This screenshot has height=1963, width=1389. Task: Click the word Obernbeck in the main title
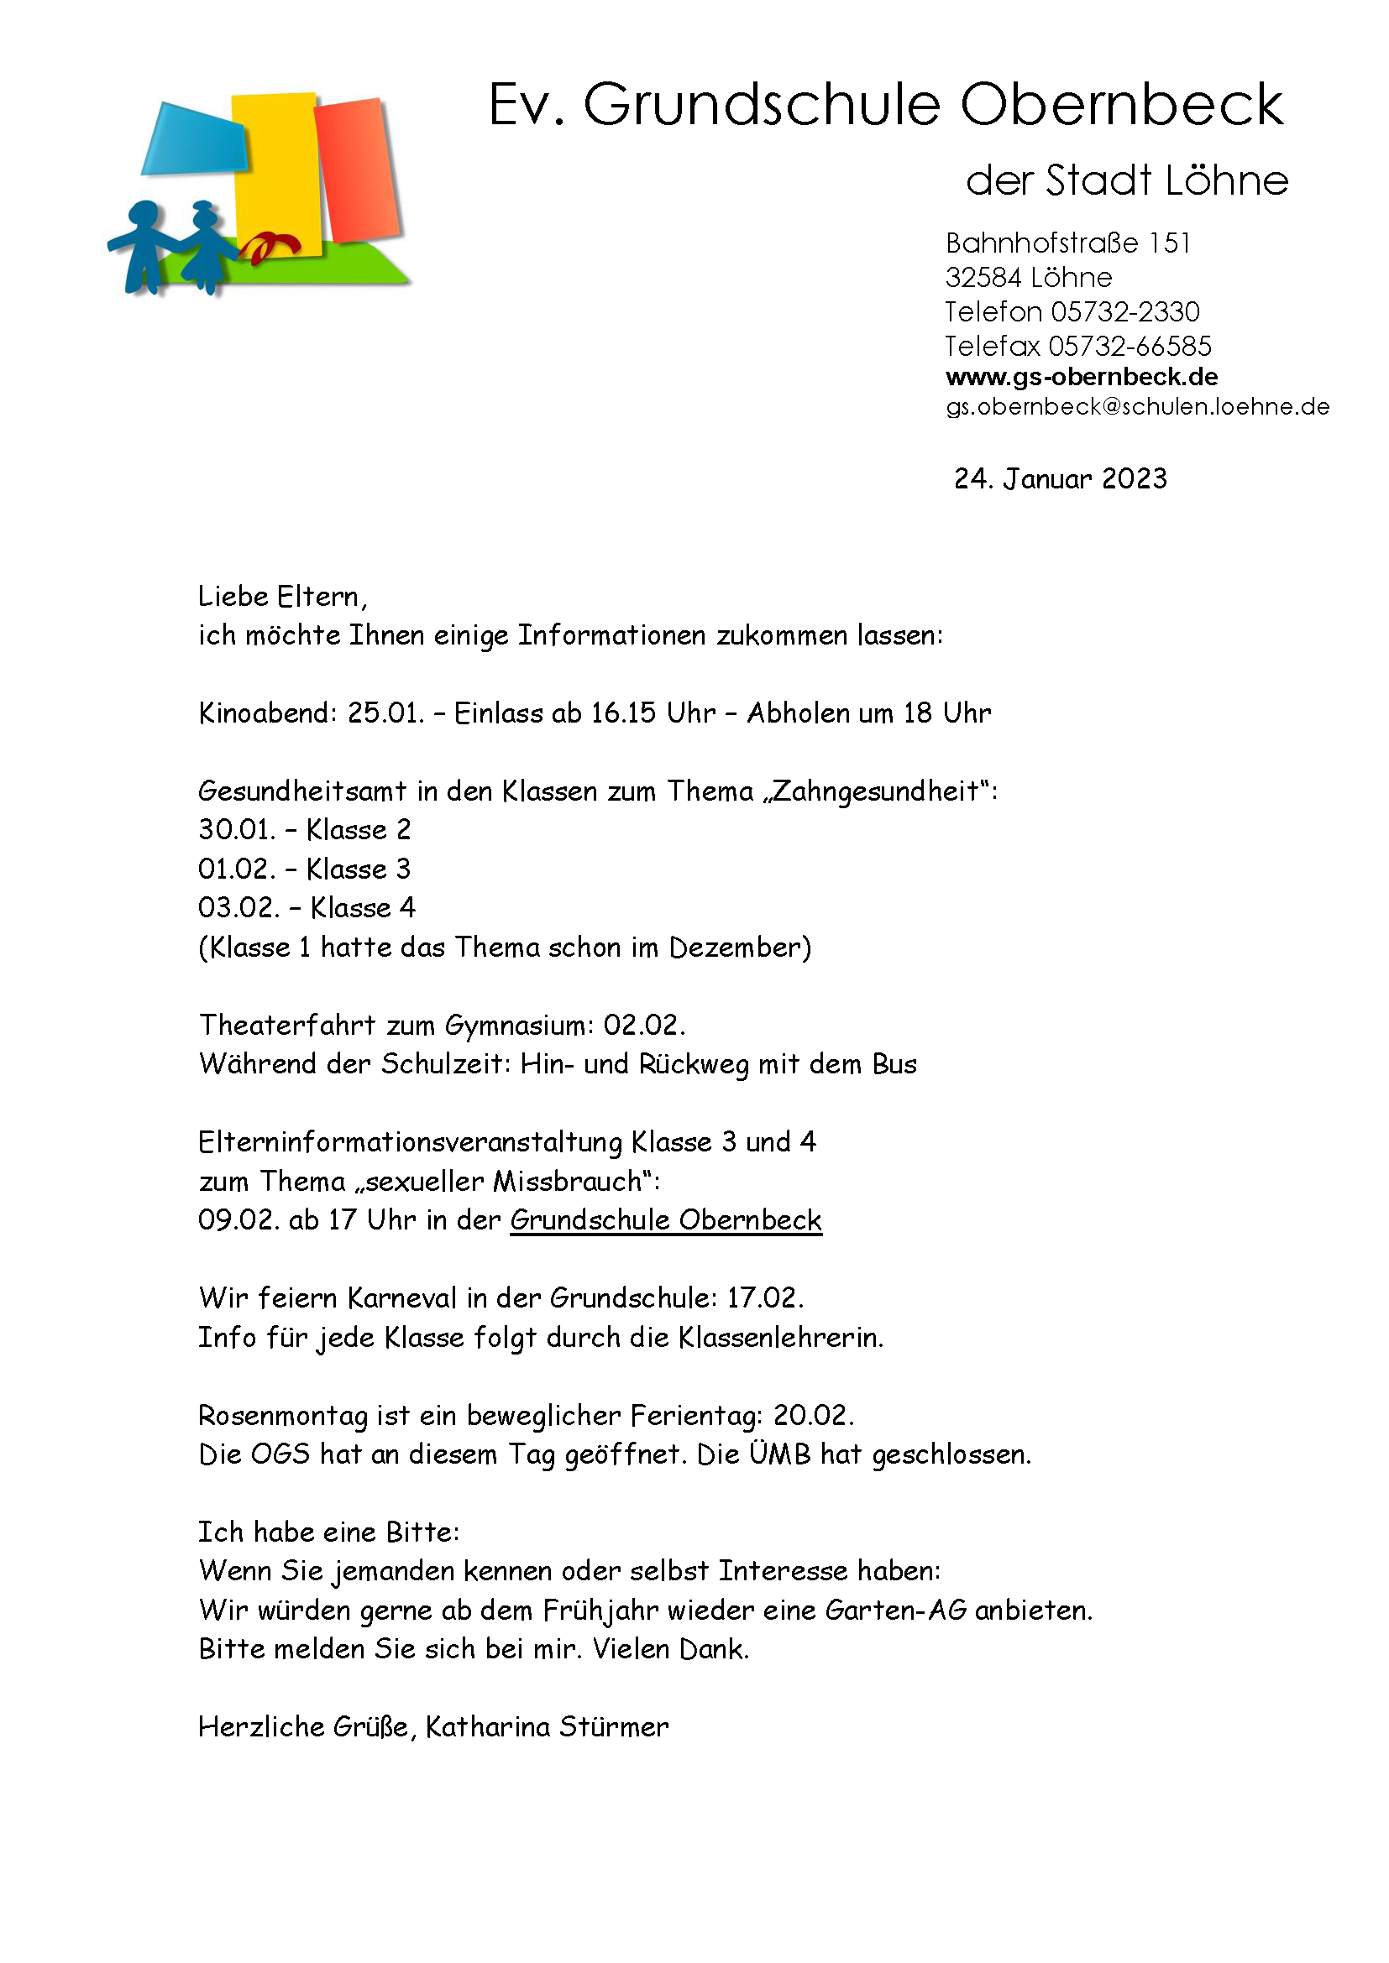point(1120,105)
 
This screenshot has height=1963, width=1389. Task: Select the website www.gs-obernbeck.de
point(1081,377)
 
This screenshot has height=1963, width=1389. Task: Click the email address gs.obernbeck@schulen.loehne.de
point(1137,407)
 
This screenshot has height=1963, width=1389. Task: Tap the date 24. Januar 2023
point(1060,478)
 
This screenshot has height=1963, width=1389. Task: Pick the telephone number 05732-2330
point(1124,312)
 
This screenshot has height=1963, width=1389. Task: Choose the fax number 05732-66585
point(1129,347)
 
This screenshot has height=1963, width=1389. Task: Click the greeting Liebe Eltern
point(282,597)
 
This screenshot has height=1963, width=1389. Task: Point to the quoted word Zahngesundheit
point(876,791)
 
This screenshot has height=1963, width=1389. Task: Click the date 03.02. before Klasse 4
point(238,908)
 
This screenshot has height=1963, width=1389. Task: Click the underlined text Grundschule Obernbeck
point(665,1220)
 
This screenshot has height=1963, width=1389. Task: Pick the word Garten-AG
point(895,1611)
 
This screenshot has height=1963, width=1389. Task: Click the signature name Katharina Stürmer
point(547,1727)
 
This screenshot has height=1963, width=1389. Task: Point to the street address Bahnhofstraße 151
point(1067,243)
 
